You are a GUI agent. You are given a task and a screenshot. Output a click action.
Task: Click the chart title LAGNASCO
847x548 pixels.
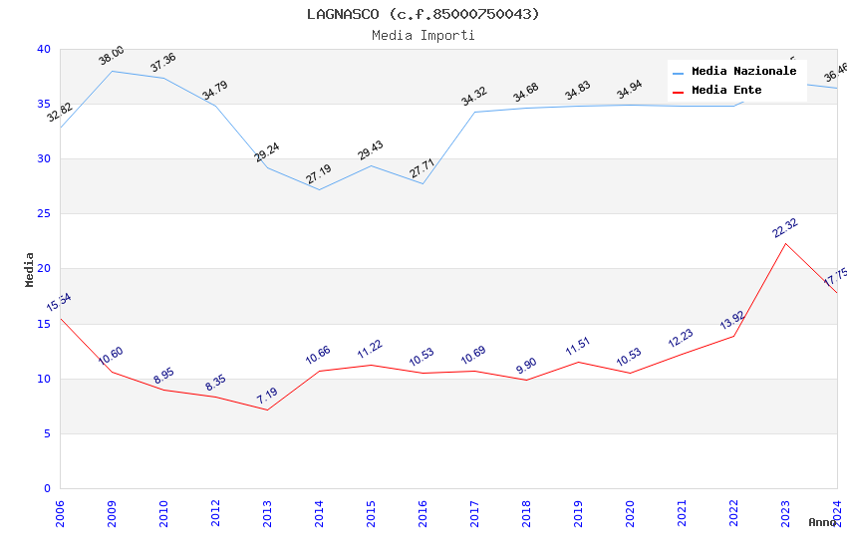click(x=423, y=14)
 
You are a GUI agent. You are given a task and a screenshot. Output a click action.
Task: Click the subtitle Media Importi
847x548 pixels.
click(x=423, y=35)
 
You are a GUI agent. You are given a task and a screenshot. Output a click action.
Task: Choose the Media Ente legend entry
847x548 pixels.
click(x=726, y=91)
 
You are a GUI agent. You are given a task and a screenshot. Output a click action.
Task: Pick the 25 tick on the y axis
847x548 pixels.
click(x=43, y=214)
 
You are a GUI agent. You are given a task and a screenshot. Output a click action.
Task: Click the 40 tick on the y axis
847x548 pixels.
click(x=43, y=49)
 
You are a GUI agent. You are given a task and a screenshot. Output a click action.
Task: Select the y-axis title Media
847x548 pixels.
click(x=30, y=269)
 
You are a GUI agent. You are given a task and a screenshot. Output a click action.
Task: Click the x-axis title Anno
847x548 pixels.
click(x=821, y=522)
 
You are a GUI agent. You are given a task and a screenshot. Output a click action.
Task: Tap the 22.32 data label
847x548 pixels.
click(x=785, y=228)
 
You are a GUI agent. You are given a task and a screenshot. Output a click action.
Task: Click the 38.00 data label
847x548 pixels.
click(x=112, y=56)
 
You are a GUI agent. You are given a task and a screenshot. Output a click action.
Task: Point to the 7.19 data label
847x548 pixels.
click(x=267, y=395)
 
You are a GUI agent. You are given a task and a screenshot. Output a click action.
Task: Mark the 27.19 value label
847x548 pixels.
click(x=319, y=174)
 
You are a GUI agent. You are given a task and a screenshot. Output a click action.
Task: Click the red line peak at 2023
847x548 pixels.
click(x=785, y=243)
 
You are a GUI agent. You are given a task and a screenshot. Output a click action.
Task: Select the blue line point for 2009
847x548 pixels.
click(x=112, y=71)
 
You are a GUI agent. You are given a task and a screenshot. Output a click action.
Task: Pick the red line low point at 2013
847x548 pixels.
click(x=267, y=410)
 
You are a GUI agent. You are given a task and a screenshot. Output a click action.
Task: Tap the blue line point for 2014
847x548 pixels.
click(x=319, y=189)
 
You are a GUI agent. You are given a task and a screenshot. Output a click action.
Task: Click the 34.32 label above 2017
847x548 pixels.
click(x=474, y=97)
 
